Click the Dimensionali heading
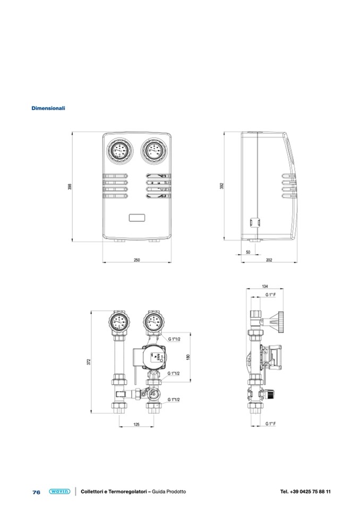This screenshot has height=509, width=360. click(48, 108)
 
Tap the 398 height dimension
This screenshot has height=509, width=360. click(70, 187)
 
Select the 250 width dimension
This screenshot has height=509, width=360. click(137, 260)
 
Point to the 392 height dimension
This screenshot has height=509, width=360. click(222, 186)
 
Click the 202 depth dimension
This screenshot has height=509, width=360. click(269, 260)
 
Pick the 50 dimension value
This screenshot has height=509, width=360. click(248, 252)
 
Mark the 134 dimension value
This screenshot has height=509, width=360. click(265, 286)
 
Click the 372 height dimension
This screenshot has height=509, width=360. click(89, 361)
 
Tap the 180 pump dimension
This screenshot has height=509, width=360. click(188, 357)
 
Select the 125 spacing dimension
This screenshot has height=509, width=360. click(136, 424)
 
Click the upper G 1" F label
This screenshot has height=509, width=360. click(270, 295)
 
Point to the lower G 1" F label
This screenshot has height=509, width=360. click(270, 424)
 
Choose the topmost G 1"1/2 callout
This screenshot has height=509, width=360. click(174, 339)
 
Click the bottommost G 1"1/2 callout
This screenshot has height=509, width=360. click(174, 400)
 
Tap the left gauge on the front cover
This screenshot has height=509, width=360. click(120, 151)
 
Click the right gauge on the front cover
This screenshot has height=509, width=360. click(154, 151)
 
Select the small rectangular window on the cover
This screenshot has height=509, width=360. click(137, 218)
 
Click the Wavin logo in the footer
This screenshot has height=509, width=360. click(59, 491)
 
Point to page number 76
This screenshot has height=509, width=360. click(36, 492)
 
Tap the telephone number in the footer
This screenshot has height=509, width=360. click(305, 491)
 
